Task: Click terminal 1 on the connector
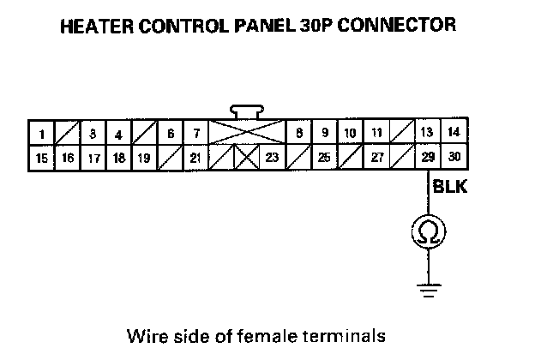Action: (x=41, y=134)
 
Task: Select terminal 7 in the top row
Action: (x=196, y=134)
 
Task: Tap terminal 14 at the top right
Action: (x=454, y=132)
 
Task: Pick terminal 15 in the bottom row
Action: (x=41, y=158)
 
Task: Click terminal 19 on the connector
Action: (x=144, y=158)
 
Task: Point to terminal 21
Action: (x=196, y=158)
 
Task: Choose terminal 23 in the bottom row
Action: (x=272, y=158)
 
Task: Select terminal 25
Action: (x=324, y=158)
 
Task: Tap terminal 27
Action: (x=376, y=158)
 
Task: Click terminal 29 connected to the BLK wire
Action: (x=428, y=158)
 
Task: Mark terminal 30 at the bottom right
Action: (x=454, y=158)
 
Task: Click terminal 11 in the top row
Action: (x=376, y=133)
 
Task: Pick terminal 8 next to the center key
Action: (x=298, y=133)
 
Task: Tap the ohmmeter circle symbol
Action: (x=428, y=231)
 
